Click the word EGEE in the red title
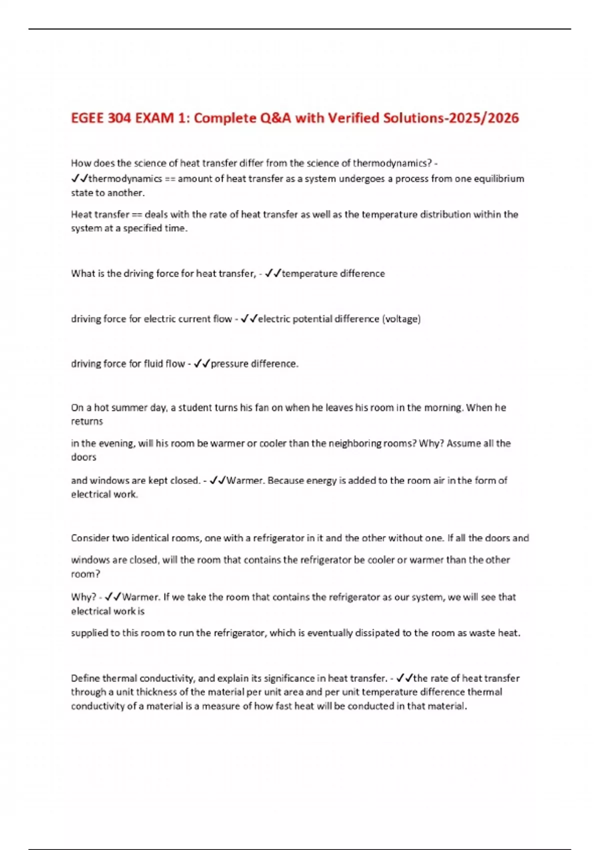click(88, 118)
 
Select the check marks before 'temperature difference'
click(273, 273)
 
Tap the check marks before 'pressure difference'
click(202, 364)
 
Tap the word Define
click(85, 678)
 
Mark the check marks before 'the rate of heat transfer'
click(404, 678)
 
